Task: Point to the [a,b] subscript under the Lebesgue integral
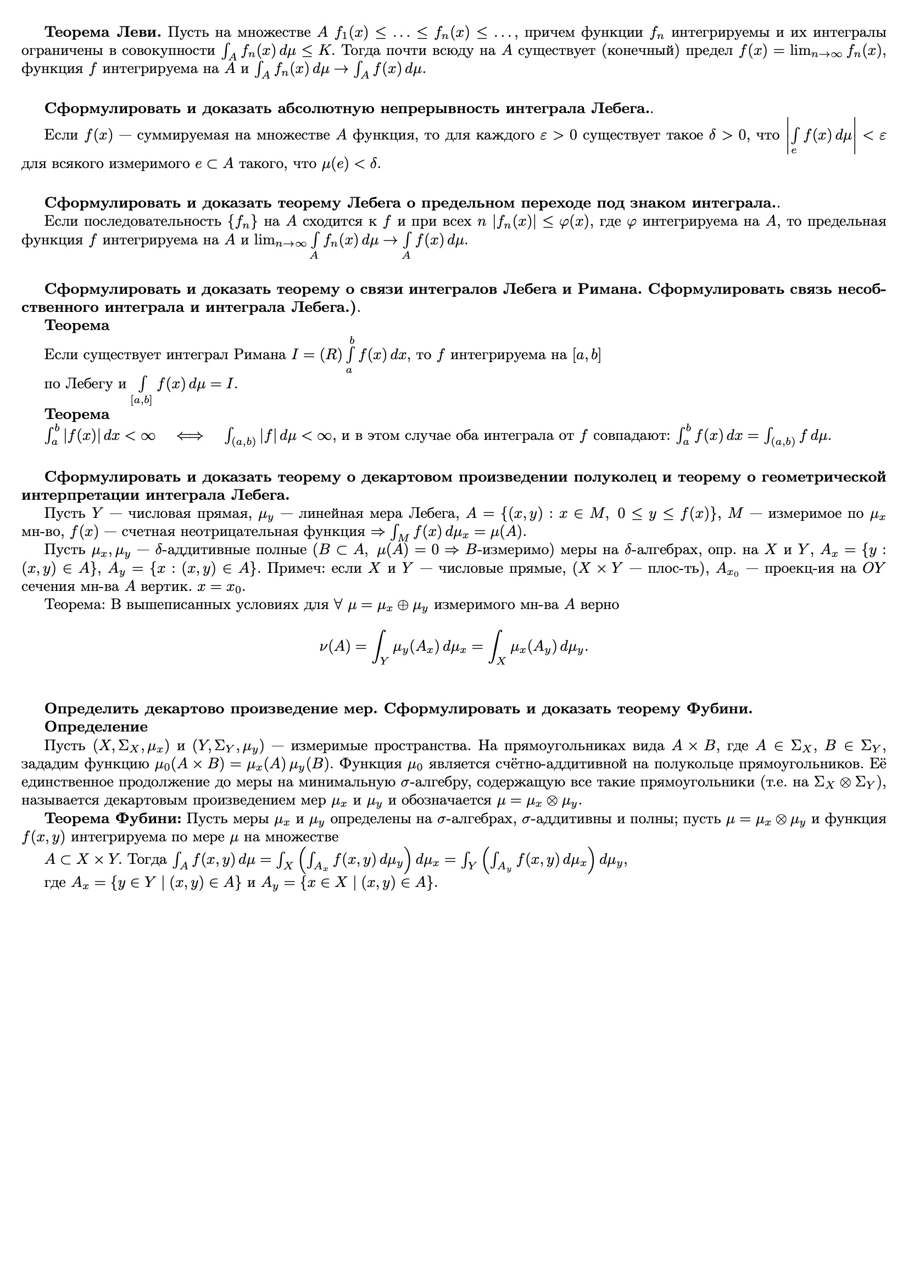coord(141,400)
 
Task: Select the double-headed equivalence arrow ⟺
coord(190,436)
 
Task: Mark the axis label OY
coord(874,569)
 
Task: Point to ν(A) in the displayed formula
coord(335,647)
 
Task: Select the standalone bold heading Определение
coord(96,727)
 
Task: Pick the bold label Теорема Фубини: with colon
coord(113,819)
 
